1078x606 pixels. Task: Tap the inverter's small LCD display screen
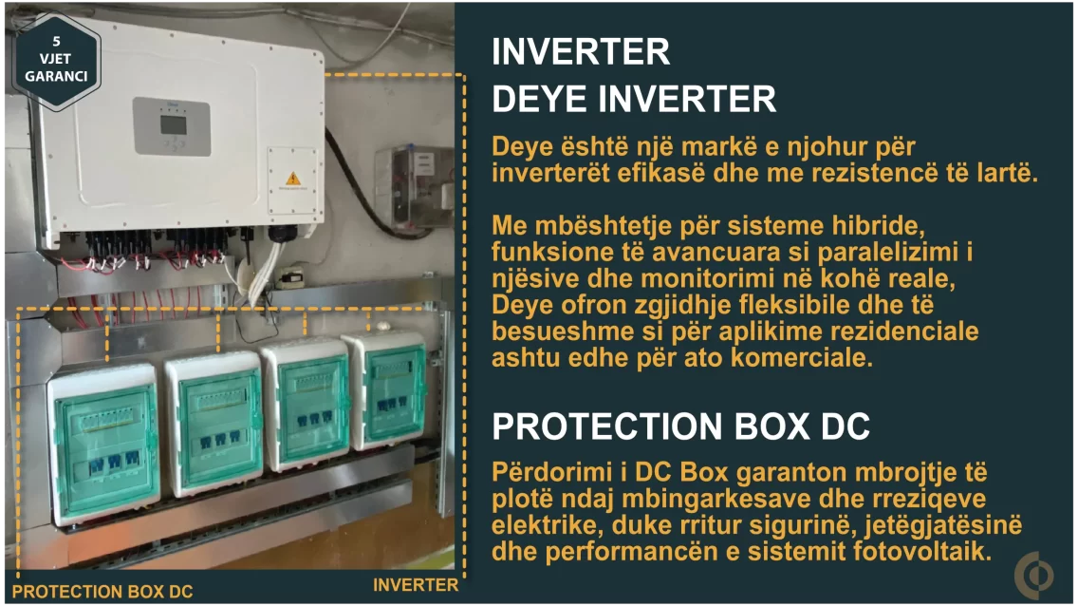[174, 125]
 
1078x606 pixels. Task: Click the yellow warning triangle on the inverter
[293, 179]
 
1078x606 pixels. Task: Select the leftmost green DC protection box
[103, 443]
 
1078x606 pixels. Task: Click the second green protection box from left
[214, 423]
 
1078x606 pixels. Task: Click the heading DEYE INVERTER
[634, 99]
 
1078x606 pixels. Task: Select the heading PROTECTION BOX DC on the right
[680, 426]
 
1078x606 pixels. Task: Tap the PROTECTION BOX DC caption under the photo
[102, 592]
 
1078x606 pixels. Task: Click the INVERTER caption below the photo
[416, 585]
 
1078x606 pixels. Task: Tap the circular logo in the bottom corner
[1034, 575]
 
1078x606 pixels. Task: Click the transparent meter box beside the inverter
[413, 186]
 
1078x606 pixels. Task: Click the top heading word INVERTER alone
[581, 52]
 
